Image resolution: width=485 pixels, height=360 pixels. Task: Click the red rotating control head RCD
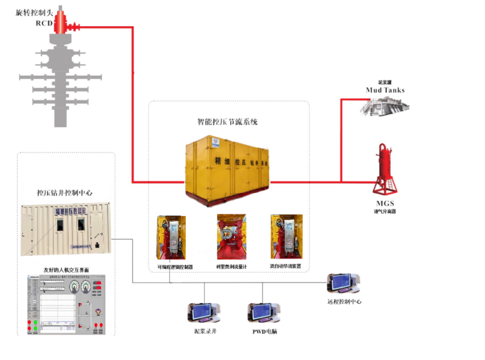pos(62,22)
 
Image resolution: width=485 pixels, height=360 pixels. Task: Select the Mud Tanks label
pos(385,90)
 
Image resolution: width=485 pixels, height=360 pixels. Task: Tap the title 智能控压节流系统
pos(227,122)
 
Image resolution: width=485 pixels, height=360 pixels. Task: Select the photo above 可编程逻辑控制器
pos(171,237)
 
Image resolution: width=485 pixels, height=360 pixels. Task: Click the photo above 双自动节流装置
pos(287,237)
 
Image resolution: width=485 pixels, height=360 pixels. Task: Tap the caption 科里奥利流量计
pos(232,267)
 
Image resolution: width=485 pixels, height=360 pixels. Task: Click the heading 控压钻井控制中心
pos(65,193)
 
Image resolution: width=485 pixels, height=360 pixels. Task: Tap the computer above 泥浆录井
pos(204,313)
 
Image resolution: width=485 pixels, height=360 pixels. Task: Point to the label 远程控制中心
pos(344,302)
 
